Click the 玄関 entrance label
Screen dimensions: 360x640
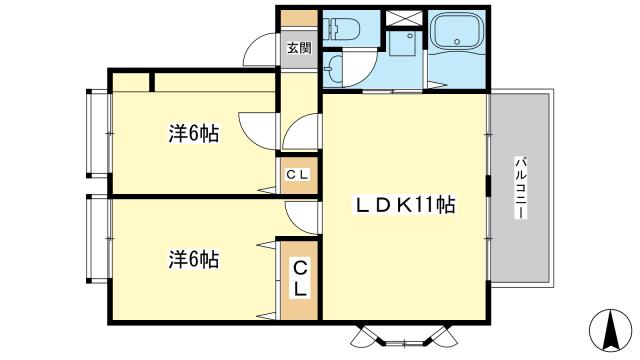pos(298,46)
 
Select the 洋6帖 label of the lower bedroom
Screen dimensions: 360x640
pos(193,259)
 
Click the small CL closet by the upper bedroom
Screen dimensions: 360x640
pos(298,175)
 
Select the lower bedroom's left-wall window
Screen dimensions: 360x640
pos(97,237)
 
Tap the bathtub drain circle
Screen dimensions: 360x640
pos(458,42)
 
